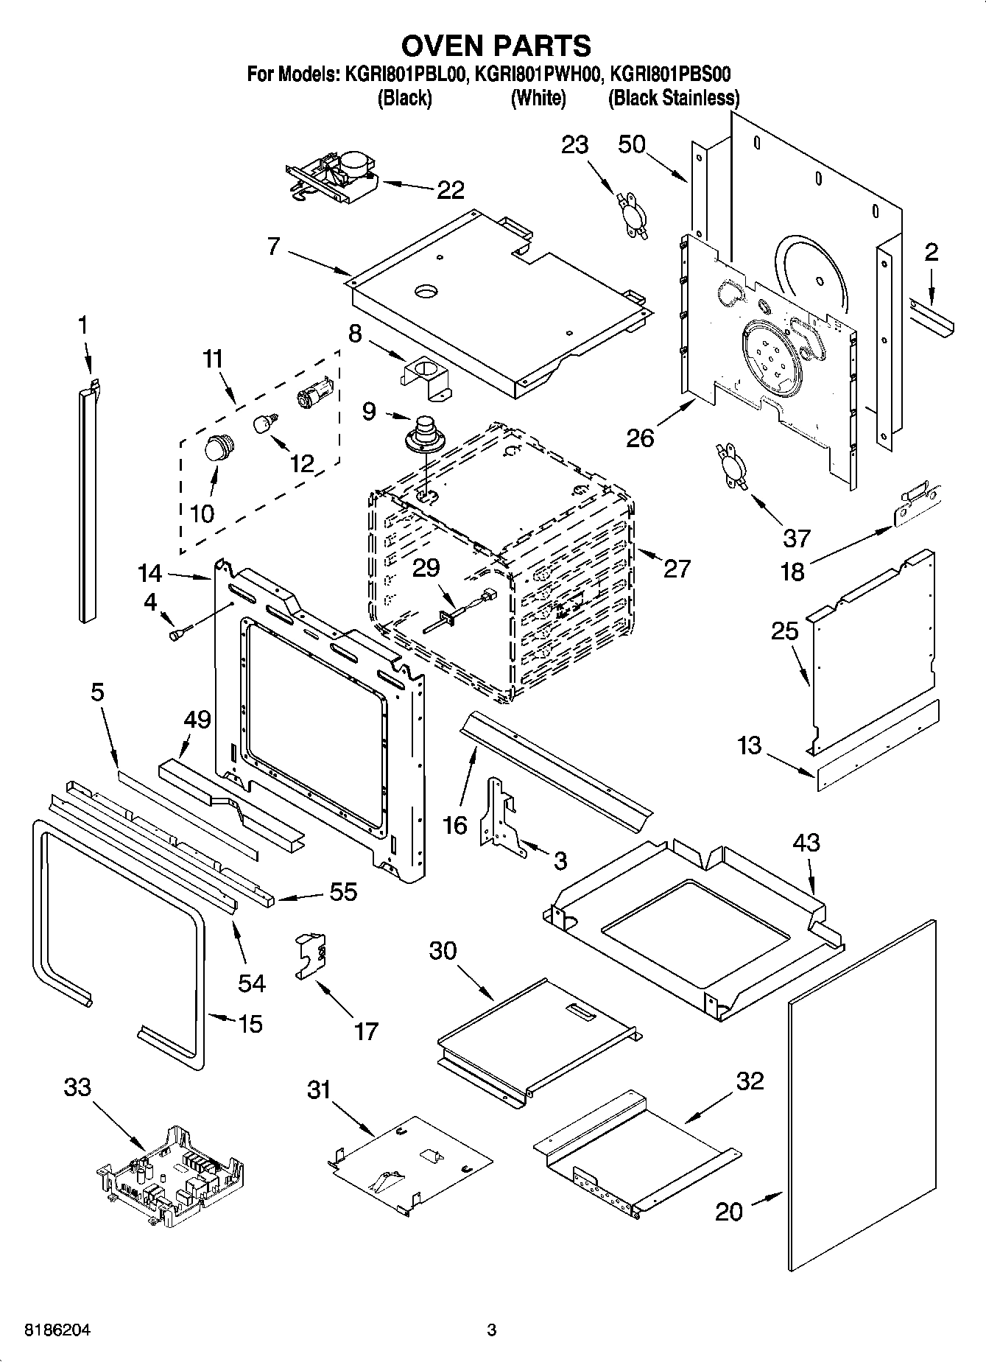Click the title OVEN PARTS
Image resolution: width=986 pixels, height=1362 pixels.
click(x=496, y=46)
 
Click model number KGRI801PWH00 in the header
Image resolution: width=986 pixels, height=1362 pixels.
click(x=539, y=74)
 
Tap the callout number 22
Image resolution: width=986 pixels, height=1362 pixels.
click(x=450, y=190)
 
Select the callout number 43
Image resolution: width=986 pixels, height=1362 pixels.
click(x=806, y=842)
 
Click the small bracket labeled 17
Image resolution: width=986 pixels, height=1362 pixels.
click(x=311, y=955)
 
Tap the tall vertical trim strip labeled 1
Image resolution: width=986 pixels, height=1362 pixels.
click(x=87, y=501)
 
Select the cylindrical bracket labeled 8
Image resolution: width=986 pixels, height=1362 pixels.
click(x=427, y=379)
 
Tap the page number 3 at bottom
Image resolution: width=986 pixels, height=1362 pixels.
click(x=492, y=1330)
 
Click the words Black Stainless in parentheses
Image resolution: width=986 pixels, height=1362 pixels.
click(x=674, y=98)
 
